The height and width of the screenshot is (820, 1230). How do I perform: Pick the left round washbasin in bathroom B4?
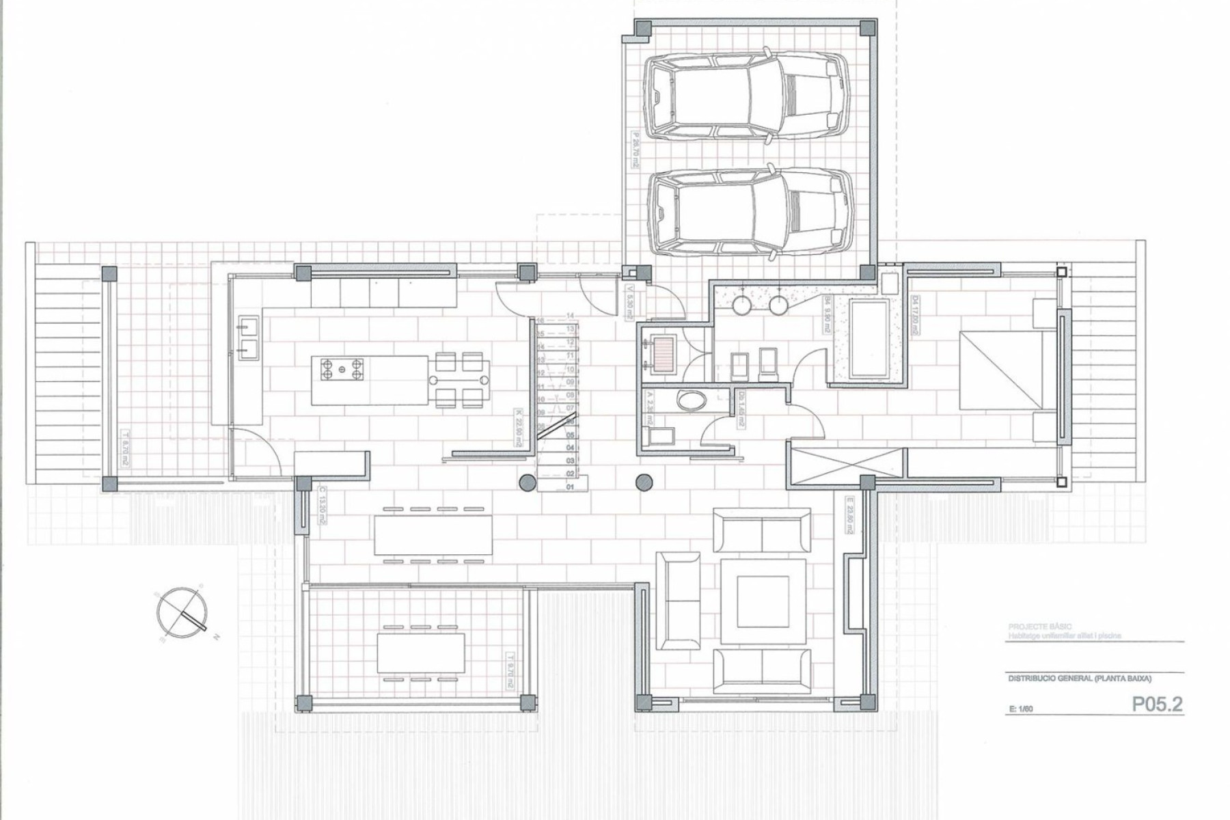click(x=743, y=305)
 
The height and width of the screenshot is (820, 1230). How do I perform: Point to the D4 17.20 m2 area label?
click(x=915, y=315)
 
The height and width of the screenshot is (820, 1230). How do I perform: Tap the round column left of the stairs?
click(x=527, y=483)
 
